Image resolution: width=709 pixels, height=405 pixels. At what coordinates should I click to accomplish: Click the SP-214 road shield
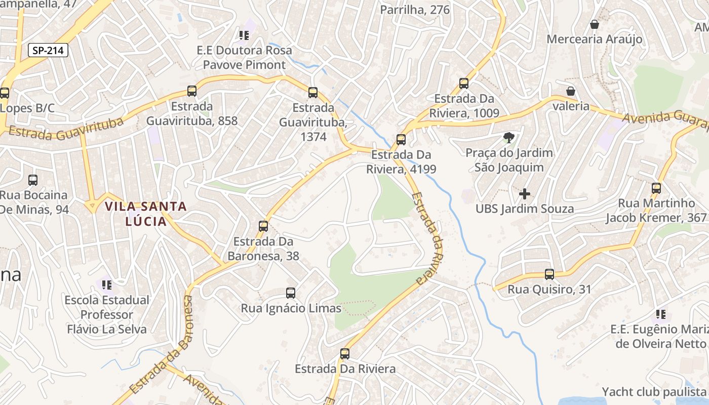coord(48,50)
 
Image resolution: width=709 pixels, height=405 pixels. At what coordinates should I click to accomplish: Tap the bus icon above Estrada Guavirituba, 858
coord(192,91)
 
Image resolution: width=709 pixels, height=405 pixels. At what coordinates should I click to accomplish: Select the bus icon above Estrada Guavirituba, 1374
coord(313,92)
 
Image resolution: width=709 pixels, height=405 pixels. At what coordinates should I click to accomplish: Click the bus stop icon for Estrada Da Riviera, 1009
coord(464,83)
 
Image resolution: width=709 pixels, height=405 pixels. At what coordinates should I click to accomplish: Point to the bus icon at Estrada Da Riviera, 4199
coord(401,139)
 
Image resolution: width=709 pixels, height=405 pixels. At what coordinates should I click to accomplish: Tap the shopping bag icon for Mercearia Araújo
coord(595,24)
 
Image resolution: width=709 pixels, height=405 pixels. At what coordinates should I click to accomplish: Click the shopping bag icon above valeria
coord(571,91)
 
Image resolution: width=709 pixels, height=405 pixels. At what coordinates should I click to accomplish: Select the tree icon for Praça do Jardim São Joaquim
coord(509,137)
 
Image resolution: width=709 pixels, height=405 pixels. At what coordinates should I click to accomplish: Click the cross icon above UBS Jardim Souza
coord(525,193)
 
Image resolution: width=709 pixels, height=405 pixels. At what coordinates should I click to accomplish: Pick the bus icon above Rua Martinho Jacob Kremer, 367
coord(656,188)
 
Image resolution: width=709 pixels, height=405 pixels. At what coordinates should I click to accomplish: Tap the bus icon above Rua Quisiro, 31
coord(549,274)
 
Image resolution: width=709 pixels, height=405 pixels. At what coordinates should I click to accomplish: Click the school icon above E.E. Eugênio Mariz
coord(660,314)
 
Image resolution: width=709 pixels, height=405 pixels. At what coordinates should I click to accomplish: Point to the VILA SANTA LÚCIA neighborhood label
coord(146,214)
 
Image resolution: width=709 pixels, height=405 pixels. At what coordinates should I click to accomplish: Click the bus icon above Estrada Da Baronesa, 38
coord(263,226)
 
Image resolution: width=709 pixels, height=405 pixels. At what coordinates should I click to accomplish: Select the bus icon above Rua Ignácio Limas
coord(291,293)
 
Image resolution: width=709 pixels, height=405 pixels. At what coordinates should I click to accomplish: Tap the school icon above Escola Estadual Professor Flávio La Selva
coord(107,285)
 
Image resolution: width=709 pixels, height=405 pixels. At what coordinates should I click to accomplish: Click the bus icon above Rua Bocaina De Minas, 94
coord(33,180)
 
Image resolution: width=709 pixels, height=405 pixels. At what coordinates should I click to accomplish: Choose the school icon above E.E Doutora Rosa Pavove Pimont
coord(244,35)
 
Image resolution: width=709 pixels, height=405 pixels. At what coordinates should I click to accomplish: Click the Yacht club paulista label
coord(654,392)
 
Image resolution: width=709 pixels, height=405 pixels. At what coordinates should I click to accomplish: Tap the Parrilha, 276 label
coord(415,10)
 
